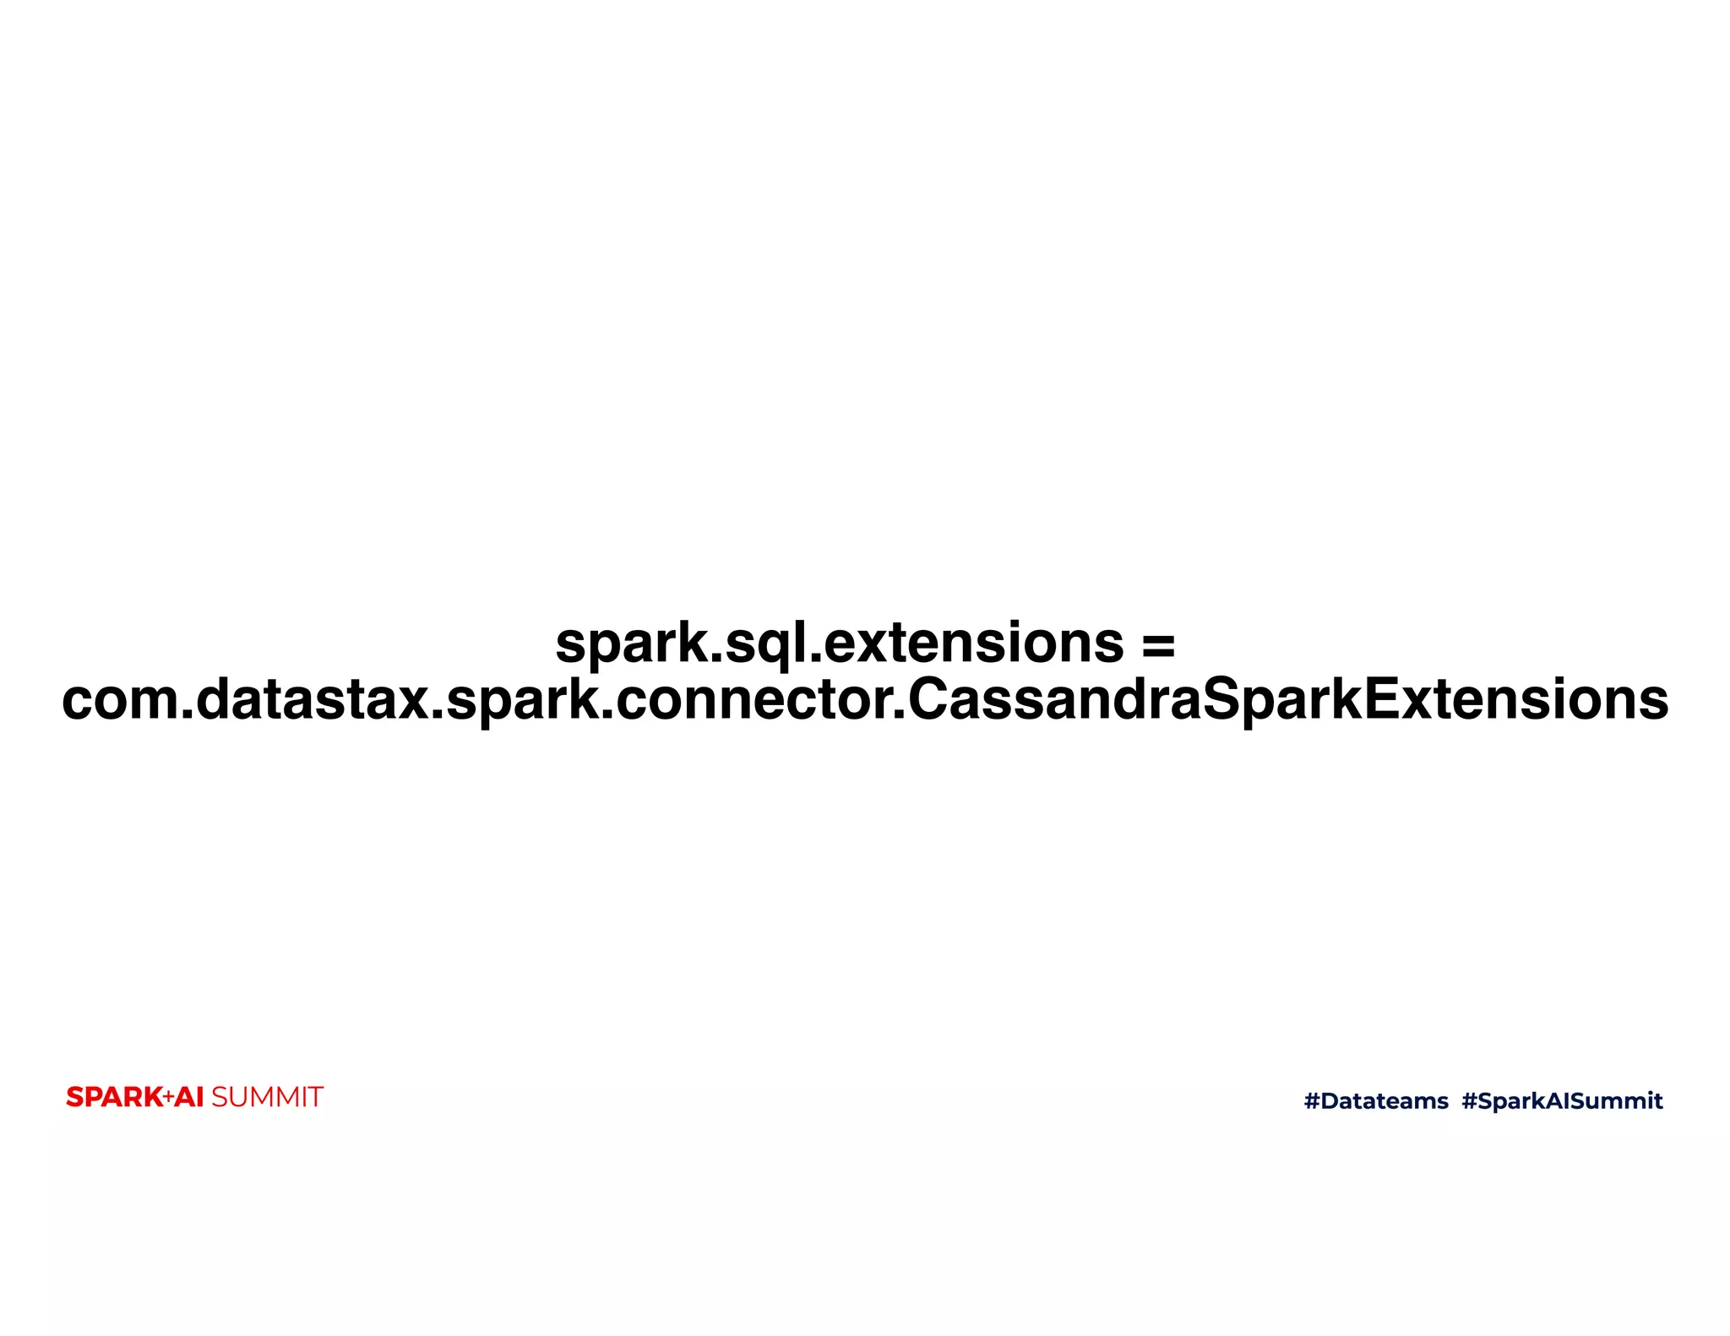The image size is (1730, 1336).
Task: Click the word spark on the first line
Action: point(626,645)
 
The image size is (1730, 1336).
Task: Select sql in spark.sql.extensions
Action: point(765,645)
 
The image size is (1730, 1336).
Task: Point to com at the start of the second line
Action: point(119,701)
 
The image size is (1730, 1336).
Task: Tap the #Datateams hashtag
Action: point(1376,1100)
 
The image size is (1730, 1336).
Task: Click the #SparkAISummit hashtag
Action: point(1562,1100)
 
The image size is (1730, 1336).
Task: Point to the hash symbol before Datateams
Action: point(1311,1100)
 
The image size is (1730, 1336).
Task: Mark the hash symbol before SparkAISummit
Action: point(1469,1100)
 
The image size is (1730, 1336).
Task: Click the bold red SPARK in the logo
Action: point(114,1097)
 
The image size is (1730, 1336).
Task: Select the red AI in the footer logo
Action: point(189,1097)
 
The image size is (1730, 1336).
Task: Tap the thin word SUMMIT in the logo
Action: point(267,1097)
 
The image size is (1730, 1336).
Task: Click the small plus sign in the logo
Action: point(168,1096)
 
